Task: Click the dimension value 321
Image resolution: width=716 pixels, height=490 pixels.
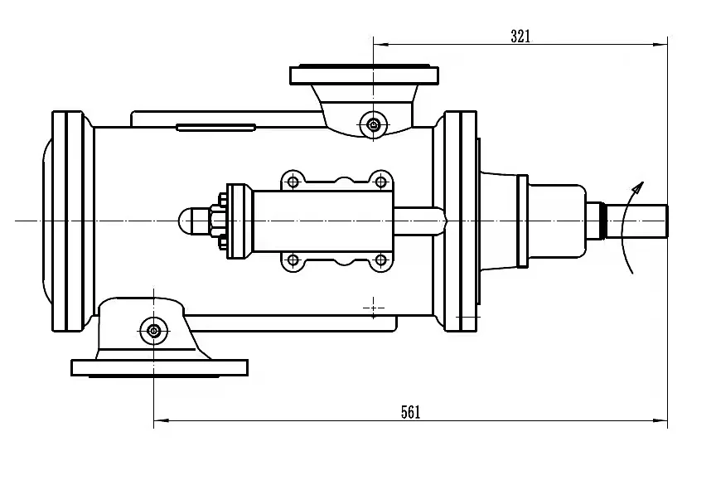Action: coord(520,36)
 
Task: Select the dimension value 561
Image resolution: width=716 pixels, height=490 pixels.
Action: coord(410,412)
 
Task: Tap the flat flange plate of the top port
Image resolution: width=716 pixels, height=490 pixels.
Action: coord(364,75)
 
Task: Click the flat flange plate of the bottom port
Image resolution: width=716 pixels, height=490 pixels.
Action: coord(160,366)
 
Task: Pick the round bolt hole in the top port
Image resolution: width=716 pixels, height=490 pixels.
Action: coord(374,125)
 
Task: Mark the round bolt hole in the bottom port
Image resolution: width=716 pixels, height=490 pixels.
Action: coord(153,331)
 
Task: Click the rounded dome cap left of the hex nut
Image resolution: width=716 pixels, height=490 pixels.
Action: coord(190,221)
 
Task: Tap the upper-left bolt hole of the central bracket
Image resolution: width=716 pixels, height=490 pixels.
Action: coord(291,182)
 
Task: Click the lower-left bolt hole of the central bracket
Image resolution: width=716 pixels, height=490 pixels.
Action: coord(291,260)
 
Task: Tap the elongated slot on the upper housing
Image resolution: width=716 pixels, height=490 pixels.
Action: coord(215,127)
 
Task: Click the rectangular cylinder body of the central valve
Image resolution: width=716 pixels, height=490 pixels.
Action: coord(322,221)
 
